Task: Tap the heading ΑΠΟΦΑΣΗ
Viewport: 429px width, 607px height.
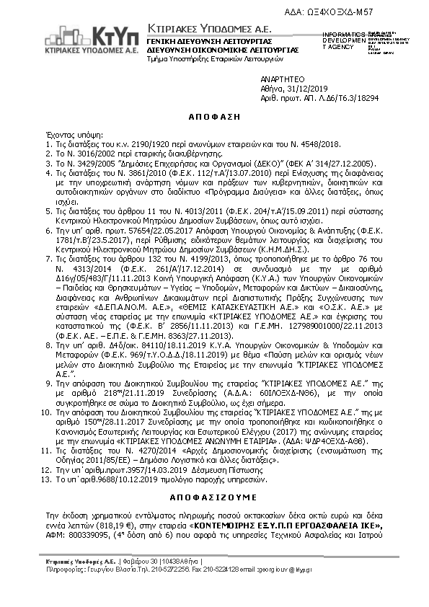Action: [x=215, y=115]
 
